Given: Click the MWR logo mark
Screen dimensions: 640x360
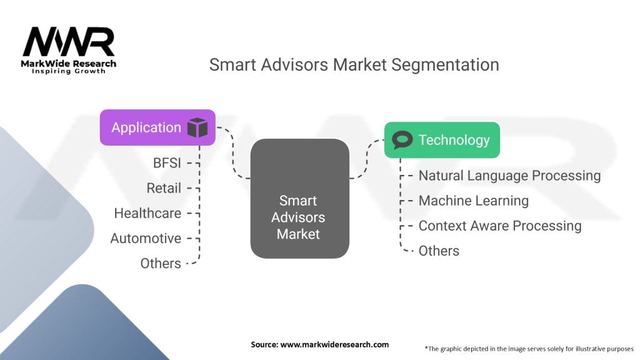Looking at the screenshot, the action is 69,42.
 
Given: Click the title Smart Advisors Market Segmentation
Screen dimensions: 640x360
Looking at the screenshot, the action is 354,65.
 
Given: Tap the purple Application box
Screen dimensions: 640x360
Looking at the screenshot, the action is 157,127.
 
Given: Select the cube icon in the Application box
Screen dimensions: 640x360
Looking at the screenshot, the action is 197,127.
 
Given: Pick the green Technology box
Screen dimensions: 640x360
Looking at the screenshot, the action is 442,140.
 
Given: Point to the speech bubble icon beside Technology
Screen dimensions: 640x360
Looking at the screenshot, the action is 402,139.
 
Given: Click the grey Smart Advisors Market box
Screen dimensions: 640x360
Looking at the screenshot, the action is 299,198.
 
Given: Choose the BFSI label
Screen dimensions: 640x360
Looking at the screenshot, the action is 167,163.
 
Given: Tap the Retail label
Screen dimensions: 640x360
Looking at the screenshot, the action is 164,188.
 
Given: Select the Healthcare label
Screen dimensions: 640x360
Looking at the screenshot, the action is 147,213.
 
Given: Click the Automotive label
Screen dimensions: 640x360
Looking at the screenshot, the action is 146,238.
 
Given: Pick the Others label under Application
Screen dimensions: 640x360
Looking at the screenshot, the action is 161,263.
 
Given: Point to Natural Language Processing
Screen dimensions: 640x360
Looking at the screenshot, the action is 510,176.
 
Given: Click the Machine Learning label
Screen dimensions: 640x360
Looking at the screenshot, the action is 474,201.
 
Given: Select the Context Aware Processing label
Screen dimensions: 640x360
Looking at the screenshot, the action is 500,226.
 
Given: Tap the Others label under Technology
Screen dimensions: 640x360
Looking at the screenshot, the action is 439,251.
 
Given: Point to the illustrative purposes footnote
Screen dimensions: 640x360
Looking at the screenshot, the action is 529,349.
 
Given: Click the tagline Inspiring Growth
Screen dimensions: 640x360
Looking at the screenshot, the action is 69,71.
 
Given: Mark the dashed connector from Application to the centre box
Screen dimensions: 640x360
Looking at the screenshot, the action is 233,152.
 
